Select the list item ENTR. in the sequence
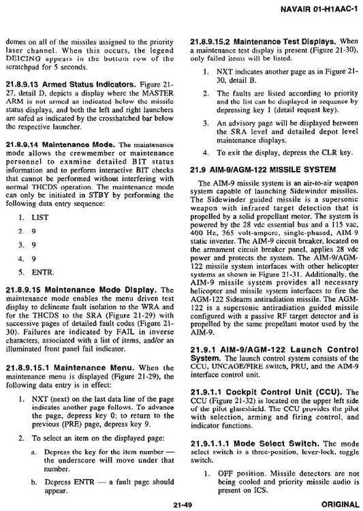(42, 291)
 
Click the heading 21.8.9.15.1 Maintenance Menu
(75, 367)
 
